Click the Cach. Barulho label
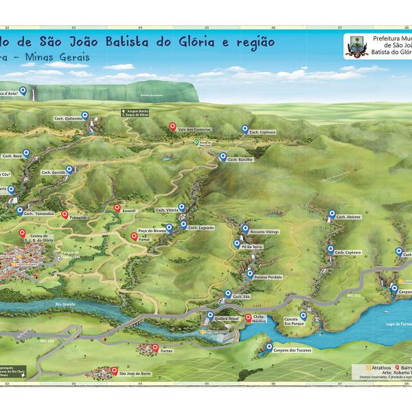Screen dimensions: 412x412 [241, 159]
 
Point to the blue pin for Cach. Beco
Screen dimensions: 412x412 [26, 153]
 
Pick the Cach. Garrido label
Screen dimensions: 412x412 [53, 172]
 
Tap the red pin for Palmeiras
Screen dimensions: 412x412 [65, 215]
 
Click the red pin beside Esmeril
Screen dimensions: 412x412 [117, 208]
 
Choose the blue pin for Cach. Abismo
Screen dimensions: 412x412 [331, 214]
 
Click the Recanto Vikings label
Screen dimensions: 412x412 [265, 232]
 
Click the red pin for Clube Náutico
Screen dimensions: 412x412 [248, 317]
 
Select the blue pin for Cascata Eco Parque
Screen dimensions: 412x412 [302, 317]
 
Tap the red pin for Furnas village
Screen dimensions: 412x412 [154, 347]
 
